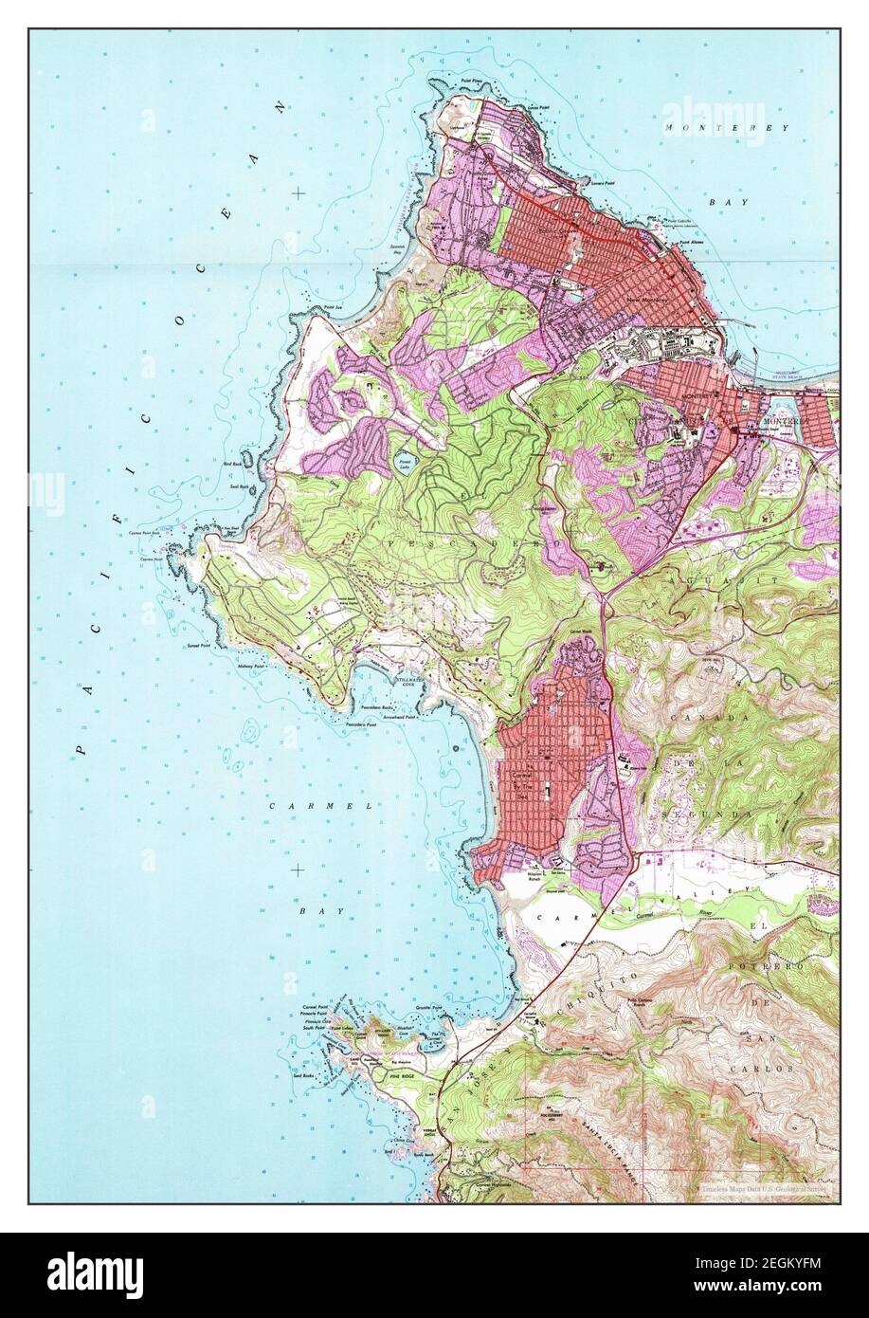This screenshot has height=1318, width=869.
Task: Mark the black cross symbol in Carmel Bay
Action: coord(299,870)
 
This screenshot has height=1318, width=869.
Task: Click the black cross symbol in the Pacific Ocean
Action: coord(299,192)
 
